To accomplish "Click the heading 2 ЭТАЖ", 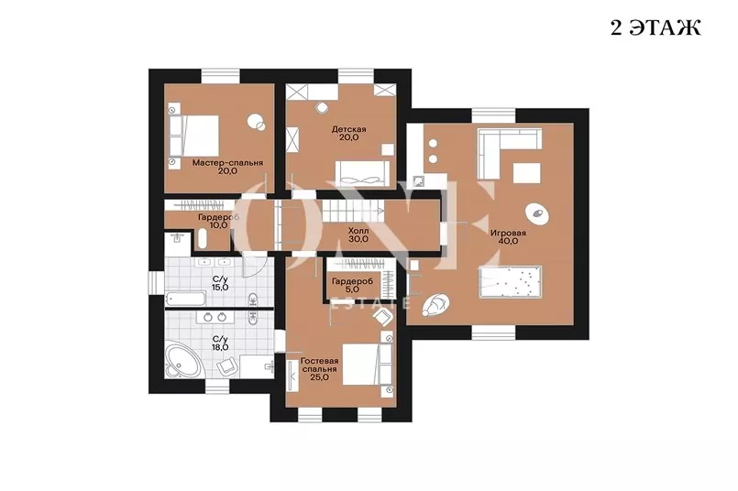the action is pos(655,27).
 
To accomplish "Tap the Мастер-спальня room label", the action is pos(227,167).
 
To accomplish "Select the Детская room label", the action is pos(348,133).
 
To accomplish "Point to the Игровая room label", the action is pos(508,236).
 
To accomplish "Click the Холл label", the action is pos(358,235).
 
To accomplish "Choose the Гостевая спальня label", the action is pos(320,369).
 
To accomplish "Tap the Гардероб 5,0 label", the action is pos(352,286).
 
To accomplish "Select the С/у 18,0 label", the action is pos(220,344).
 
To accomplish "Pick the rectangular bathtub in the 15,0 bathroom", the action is pos(185,299).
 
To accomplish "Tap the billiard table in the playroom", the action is pos(511,282).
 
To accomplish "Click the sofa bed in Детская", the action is pos(363,173).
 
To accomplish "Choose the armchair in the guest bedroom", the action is pos(382,318).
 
